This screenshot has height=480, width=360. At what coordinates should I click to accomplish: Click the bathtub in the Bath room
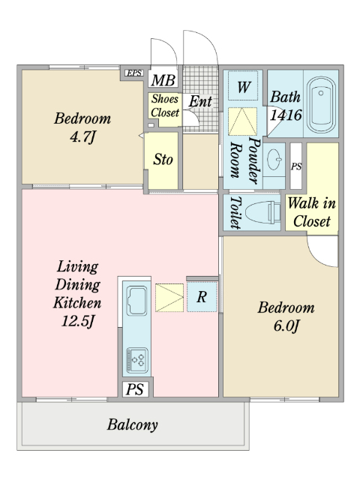tap(321, 104)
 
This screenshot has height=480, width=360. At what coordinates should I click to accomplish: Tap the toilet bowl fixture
tap(263, 212)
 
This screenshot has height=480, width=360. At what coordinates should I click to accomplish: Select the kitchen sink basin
tap(136, 300)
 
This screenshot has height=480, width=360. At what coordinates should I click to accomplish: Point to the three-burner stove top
tap(137, 360)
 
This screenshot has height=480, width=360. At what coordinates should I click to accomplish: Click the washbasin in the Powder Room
tap(274, 160)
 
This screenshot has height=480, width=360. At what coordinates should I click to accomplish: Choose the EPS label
tap(133, 73)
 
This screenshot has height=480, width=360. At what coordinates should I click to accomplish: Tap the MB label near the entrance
tap(163, 80)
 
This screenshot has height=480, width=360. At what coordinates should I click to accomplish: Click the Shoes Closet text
tap(165, 106)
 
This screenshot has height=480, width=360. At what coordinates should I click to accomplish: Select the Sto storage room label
tap(163, 160)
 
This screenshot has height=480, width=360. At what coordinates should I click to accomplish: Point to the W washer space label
tap(244, 87)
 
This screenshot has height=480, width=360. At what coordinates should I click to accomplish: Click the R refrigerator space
tap(202, 297)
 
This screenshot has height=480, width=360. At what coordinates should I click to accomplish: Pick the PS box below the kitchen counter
tap(135, 389)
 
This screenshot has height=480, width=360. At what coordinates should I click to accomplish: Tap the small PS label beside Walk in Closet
tap(296, 166)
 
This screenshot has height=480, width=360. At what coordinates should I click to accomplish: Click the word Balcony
tap(133, 424)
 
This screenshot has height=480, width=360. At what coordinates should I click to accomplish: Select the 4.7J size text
tap(82, 136)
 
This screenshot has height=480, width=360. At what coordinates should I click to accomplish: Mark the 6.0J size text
tap(286, 326)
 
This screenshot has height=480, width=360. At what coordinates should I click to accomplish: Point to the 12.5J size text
tap(78, 321)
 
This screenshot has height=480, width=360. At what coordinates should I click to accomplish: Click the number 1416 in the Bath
tap(286, 115)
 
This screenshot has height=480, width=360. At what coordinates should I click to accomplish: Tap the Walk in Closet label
tap(312, 212)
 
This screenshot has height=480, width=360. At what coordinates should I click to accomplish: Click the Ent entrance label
tap(200, 101)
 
